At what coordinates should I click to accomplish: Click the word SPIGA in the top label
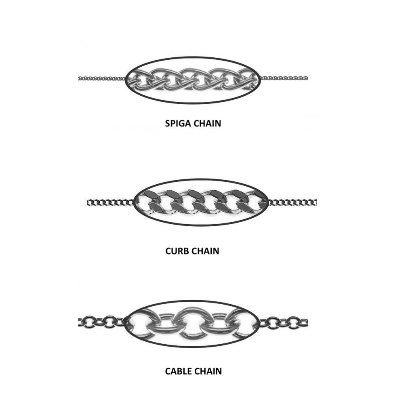pyautogui.click(x=178, y=123)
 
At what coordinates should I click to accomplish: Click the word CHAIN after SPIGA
pyautogui.click(x=207, y=123)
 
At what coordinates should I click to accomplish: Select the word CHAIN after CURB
pyautogui.click(x=205, y=251)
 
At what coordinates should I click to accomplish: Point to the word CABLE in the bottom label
pyautogui.click(x=178, y=371)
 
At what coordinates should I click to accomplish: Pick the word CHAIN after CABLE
pyautogui.click(x=208, y=371)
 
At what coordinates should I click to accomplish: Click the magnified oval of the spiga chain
pyautogui.click(x=193, y=80)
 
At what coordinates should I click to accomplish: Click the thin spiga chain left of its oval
pyautogui.click(x=102, y=78)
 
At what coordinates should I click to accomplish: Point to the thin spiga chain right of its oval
pyautogui.click(x=284, y=78)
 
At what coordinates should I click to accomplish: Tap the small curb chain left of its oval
pyautogui.click(x=111, y=203)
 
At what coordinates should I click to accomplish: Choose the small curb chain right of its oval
pyautogui.click(x=293, y=202)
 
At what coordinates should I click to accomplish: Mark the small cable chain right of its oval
pyautogui.click(x=284, y=322)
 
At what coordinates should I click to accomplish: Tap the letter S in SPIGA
pyautogui.click(x=168, y=123)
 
